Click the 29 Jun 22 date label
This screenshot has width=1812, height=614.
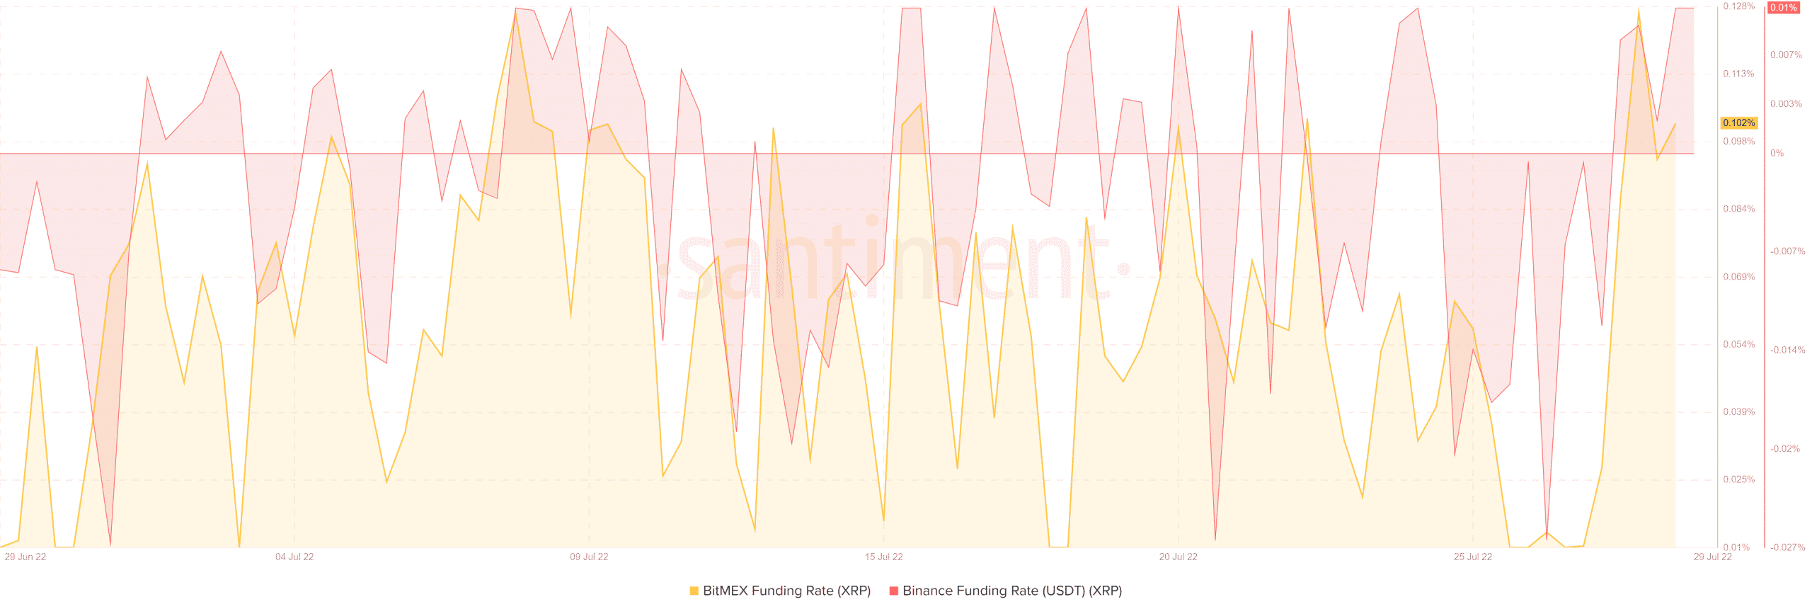point(25,557)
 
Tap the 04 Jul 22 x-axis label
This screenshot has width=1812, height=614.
point(294,557)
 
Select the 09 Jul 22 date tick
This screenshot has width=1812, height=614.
point(589,557)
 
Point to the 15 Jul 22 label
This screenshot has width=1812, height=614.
point(883,557)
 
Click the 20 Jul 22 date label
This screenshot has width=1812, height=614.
point(1178,557)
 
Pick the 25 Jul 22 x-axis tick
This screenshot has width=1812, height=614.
point(1472,557)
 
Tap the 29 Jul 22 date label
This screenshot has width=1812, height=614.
point(1712,557)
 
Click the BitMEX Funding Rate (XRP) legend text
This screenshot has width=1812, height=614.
point(786,591)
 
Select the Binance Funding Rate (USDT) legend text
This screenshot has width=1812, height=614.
point(1012,591)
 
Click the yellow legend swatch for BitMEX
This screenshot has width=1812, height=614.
point(694,591)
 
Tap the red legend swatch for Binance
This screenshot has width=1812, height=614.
point(893,591)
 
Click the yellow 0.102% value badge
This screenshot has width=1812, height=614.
point(1738,123)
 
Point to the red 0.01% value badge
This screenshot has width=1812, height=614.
point(1783,8)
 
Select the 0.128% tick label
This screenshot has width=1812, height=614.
point(1738,6)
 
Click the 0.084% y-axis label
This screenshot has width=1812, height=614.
point(1738,209)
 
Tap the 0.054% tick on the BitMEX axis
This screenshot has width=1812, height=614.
point(1738,345)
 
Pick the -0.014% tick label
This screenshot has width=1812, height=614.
point(1787,350)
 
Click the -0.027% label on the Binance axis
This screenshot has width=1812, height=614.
point(1787,547)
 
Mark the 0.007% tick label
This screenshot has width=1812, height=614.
point(1786,55)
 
